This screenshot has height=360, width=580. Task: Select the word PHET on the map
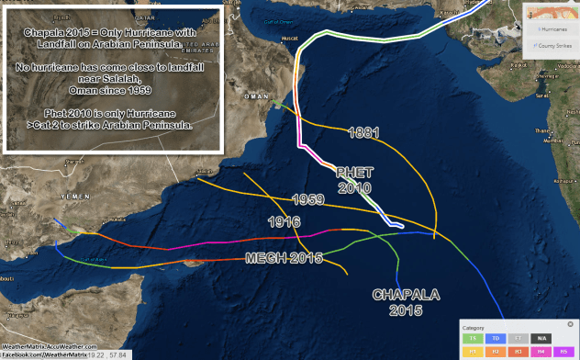pyautogui.click(x=354, y=173)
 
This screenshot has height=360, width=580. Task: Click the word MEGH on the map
pyautogui.click(x=264, y=258)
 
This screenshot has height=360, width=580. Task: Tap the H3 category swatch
pyautogui.click(x=519, y=351)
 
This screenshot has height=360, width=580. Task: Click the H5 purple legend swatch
pyautogui.click(x=563, y=351)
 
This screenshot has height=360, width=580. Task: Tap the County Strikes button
pyautogui.click(x=552, y=44)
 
